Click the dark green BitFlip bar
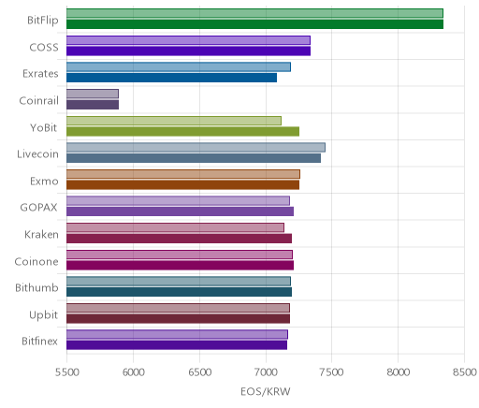(x=254, y=24)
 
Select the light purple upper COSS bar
(x=188, y=40)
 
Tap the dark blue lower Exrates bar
(x=171, y=78)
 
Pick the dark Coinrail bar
(x=93, y=105)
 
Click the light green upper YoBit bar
(x=174, y=121)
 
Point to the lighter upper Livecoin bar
(x=196, y=148)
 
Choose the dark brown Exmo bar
(x=182, y=185)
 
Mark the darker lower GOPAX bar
(x=180, y=211)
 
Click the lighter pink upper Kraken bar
(x=175, y=227)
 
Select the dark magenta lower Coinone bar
(x=180, y=266)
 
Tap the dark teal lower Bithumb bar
(x=179, y=292)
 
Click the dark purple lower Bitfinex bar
(x=177, y=345)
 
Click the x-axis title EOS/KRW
(x=266, y=391)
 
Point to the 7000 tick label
(x=266, y=372)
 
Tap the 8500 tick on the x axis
(x=465, y=372)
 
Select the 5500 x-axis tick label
(x=66, y=372)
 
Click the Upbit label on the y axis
(x=43, y=314)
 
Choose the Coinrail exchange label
(x=38, y=100)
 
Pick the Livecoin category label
(x=37, y=154)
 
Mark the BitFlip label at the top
(x=43, y=21)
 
